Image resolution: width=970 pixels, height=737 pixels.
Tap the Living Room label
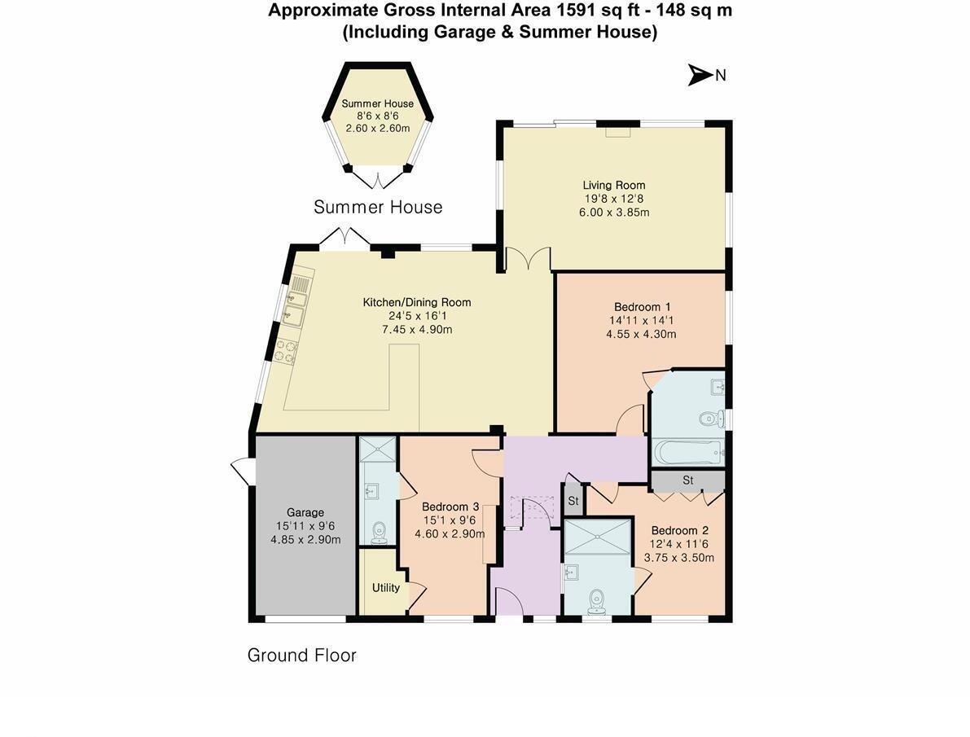(613, 186)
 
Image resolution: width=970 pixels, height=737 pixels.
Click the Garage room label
(305, 512)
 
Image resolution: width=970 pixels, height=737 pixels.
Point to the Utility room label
(385, 587)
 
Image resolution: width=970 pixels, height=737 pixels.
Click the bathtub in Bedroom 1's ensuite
(687, 453)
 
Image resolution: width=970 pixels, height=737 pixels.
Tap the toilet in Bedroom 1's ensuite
(709, 419)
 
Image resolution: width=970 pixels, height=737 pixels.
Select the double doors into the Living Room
(527, 261)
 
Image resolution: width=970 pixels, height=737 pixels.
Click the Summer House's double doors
(377, 179)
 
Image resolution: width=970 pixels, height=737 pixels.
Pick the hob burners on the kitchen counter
(285, 351)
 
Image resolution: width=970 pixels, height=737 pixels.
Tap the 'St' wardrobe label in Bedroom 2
(687, 480)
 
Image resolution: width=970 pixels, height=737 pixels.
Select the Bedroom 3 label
(446, 507)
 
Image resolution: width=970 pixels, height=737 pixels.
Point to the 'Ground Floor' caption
(301, 656)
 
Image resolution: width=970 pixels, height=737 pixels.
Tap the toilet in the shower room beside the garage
(379, 532)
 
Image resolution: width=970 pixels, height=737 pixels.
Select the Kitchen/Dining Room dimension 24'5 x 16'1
(416, 316)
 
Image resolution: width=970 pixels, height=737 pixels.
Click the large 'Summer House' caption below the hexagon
(378, 208)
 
